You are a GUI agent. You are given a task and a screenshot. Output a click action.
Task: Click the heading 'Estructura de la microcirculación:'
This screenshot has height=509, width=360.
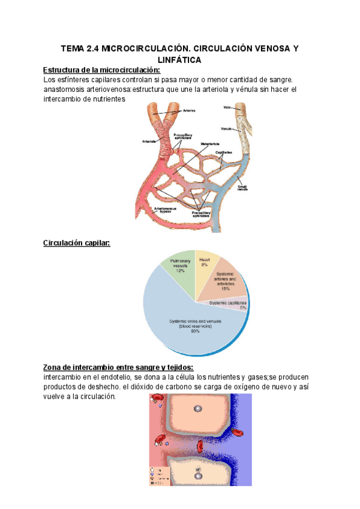(98, 70)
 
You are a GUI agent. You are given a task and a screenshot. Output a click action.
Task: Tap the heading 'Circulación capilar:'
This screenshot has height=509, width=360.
(77, 243)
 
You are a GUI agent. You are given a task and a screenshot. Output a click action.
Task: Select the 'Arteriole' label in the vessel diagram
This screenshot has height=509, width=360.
(150, 142)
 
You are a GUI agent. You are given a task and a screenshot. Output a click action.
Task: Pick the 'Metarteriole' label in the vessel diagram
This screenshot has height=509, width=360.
(209, 144)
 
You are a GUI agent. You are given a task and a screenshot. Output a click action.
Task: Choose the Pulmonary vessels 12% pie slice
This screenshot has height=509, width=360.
(180, 267)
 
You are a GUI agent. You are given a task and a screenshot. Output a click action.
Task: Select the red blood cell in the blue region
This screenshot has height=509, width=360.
(238, 431)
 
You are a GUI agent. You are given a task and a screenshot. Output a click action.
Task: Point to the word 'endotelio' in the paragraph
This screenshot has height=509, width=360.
(112, 376)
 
